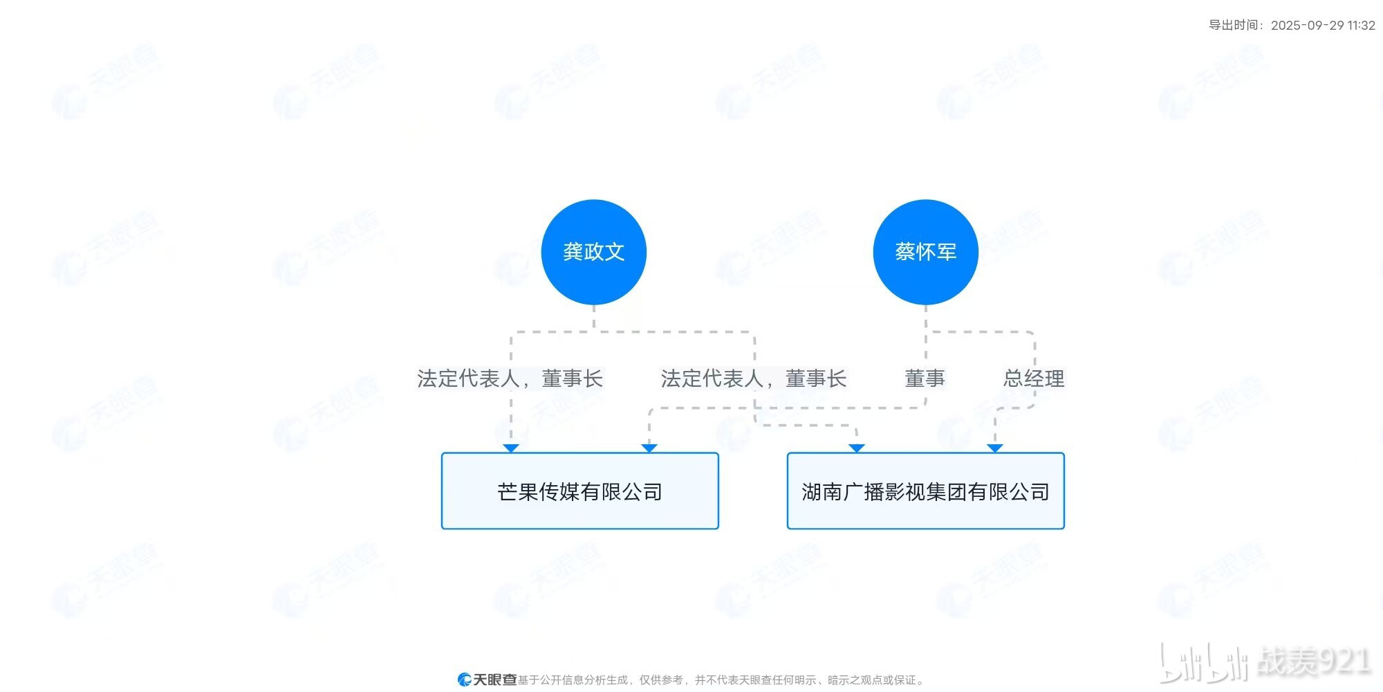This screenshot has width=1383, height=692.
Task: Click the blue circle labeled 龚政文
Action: click(593, 252)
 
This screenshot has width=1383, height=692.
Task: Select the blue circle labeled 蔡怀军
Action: click(925, 252)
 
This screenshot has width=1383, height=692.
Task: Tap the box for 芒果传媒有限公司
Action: click(579, 491)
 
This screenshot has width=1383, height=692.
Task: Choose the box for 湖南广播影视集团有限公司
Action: click(925, 491)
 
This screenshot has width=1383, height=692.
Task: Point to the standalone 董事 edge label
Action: click(925, 379)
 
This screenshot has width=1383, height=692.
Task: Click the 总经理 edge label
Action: click(1034, 379)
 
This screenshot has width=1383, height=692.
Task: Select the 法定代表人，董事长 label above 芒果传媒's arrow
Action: click(510, 379)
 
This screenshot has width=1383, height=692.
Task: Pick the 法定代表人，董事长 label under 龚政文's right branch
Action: click(753, 379)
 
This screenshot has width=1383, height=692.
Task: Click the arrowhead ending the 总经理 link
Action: click(994, 448)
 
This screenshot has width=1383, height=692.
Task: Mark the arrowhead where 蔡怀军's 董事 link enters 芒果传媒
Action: click(649, 448)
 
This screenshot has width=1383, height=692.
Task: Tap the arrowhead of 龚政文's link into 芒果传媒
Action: click(511, 448)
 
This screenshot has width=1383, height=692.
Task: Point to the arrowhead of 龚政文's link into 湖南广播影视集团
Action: click(857, 448)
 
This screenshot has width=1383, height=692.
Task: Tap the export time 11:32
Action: click(1361, 26)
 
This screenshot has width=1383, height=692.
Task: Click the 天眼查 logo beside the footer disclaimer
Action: click(487, 680)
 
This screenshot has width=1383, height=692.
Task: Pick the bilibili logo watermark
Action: click(1203, 662)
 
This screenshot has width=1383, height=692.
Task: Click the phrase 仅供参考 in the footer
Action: click(661, 680)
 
